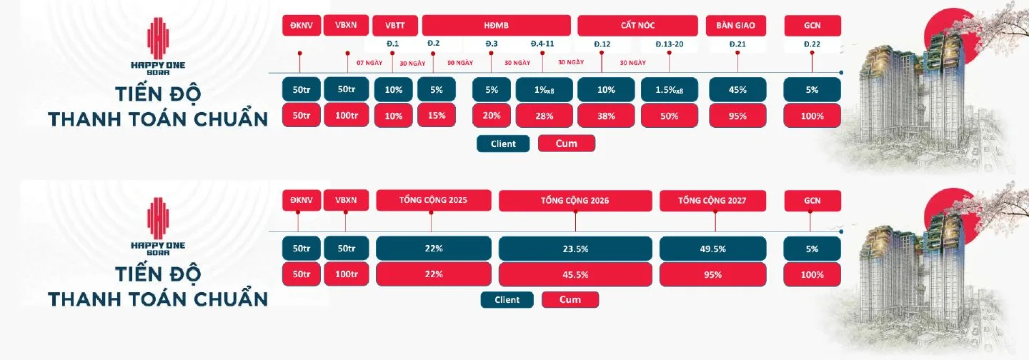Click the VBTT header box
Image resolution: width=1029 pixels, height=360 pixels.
pos(395,25)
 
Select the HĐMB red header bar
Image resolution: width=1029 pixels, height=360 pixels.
pos(497,25)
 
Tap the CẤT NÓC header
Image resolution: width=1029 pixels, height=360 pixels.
pos(637,25)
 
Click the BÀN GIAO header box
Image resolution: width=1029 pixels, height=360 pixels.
pos(735,25)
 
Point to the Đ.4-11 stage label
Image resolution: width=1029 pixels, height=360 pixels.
pos(542,44)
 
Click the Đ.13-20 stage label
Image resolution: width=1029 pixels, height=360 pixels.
pos(670,44)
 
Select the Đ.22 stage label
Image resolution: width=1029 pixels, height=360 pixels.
pos(812,44)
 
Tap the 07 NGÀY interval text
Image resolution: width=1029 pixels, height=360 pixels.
pos(369,63)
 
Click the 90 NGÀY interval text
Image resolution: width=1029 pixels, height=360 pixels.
pos(460,63)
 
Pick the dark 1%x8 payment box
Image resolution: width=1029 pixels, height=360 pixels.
pos(544,89)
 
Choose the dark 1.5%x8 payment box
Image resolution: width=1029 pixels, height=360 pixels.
pos(670,89)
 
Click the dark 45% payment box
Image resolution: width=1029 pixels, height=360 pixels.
pos(737,89)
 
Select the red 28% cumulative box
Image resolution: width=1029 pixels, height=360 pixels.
pos(544,116)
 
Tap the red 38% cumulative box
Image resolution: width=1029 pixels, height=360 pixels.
pos(606,116)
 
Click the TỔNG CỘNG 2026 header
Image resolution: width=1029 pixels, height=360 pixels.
pos(575,201)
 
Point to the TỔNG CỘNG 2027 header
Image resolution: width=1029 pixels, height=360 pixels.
pos(712,201)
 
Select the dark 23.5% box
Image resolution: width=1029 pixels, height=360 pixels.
pos(575,249)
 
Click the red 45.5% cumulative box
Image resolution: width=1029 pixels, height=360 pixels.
pos(575,274)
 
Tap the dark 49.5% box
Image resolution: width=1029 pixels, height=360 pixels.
pos(712,249)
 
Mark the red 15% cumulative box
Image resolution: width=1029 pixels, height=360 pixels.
pos(437,116)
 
